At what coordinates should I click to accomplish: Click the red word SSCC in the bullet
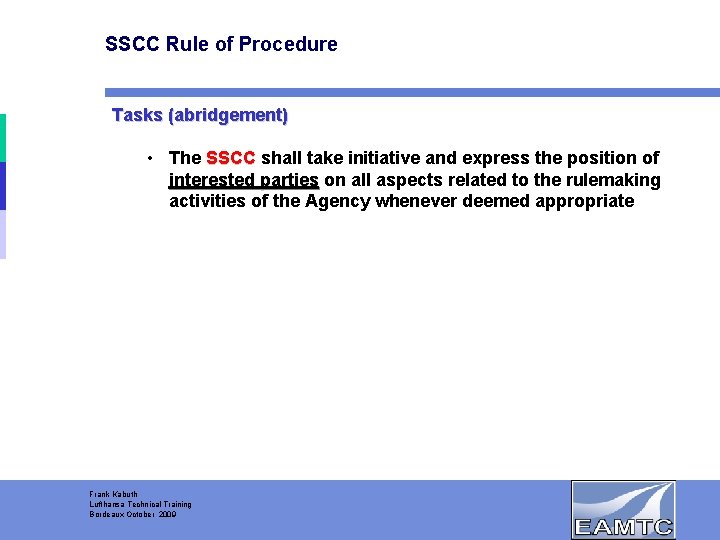click(x=230, y=158)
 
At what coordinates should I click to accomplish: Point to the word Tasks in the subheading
click(x=137, y=115)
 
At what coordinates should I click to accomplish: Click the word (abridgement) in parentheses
click(x=228, y=115)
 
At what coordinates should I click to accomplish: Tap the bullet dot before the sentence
click(x=148, y=158)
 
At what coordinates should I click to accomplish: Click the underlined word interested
click(x=211, y=180)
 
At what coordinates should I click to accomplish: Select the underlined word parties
click(x=288, y=180)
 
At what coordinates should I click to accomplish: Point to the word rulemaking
click(x=613, y=180)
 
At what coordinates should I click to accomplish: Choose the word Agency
click(x=338, y=201)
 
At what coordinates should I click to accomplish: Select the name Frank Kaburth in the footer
click(x=114, y=495)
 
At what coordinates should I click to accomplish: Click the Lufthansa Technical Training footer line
click(x=140, y=505)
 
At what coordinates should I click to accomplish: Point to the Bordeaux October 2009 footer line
click(x=132, y=514)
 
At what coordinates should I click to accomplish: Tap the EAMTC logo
click(x=623, y=510)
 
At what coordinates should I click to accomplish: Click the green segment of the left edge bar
click(x=3, y=137)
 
